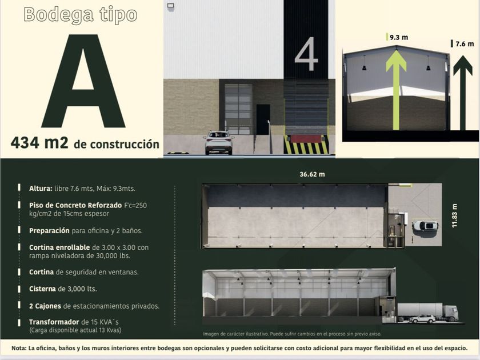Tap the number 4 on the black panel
(306, 54)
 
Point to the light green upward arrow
(396, 90)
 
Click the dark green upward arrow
(462, 93)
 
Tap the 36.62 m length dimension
(312, 174)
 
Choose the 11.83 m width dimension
(455, 215)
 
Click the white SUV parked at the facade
(218, 142)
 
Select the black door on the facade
(263, 119)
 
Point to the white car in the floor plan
(425, 226)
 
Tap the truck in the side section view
(428, 312)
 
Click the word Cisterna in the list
(42, 289)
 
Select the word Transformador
(54, 322)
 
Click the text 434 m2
(39, 143)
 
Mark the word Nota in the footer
(19, 348)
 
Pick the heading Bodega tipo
(81, 15)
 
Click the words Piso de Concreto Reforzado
(75, 205)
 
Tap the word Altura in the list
(41, 189)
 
